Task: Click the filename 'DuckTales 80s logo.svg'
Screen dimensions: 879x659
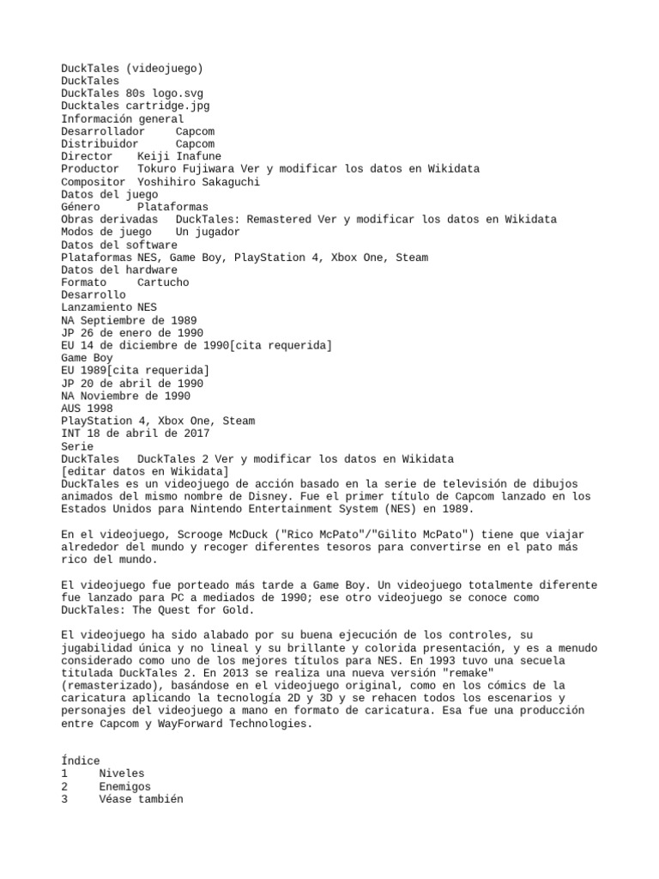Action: point(132,94)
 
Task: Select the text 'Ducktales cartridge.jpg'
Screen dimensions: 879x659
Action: point(135,106)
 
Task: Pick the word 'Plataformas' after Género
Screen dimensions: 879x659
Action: point(172,207)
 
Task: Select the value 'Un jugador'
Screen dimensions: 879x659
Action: point(208,232)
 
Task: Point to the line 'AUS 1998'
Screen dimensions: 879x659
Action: point(87,409)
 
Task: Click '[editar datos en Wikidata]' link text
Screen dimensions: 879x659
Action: point(145,471)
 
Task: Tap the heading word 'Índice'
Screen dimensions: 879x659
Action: point(81,761)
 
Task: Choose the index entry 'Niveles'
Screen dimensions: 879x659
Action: point(122,773)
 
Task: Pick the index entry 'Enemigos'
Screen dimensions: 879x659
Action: point(124,786)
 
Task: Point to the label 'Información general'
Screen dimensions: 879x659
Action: point(122,119)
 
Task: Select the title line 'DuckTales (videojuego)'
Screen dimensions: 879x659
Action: point(132,69)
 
